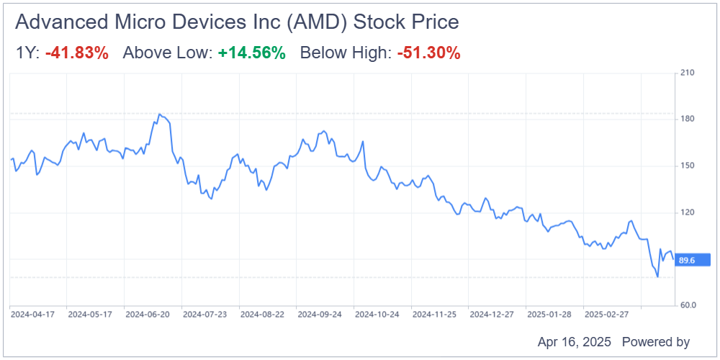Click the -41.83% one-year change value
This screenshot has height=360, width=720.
(x=77, y=53)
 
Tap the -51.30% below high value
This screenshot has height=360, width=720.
(x=428, y=53)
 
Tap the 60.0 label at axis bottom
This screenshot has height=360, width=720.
(x=688, y=305)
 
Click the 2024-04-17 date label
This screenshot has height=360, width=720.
(x=33, y=315)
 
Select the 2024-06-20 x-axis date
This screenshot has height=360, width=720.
(x=148, y=315)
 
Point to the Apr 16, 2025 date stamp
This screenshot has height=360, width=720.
(x=574, y=341)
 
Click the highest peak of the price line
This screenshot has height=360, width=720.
(x=159, y=114)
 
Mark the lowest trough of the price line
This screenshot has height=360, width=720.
(x=657, y=276)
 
